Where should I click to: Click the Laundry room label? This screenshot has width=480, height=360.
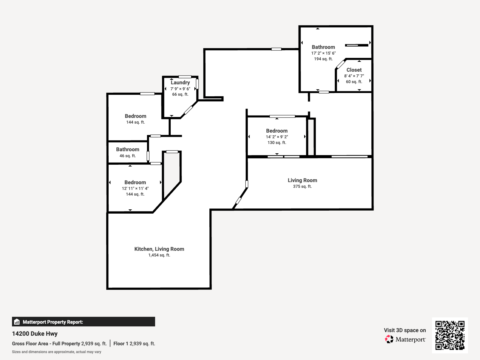pos(180,82)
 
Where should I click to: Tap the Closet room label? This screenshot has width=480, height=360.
pos(354,70)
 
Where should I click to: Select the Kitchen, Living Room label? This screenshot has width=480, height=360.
pos(159,249)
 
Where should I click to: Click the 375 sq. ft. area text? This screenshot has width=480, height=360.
pos(302,186)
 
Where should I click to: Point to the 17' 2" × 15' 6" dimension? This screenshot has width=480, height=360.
pos(323,53)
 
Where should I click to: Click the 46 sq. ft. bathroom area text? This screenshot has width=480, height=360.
pos(127,156)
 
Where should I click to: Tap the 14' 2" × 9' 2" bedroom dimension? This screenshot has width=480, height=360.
pos(277,137)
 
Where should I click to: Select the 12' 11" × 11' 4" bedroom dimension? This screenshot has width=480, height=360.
pos(135,188)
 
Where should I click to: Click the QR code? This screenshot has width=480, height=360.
pos(450,335)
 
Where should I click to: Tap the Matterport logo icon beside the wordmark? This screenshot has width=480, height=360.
pos(389,339)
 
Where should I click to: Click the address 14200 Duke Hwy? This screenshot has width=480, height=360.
pos(35,334)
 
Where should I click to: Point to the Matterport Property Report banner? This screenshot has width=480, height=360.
pos(83,322)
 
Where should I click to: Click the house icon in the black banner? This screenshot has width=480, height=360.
pos(17,322)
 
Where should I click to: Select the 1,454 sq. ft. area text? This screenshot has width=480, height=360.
pos(159,255)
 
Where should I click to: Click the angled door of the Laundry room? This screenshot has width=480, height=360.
pos(188,110)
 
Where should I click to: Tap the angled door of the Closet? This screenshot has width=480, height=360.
pos(340,64)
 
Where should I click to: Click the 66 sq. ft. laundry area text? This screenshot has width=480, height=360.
pos(180,94)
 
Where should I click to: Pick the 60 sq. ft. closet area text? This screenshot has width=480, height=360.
pos(354,82)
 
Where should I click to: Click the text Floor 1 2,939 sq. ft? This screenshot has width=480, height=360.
pos(134,343)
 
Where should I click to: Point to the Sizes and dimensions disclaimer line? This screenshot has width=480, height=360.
pos(56,352)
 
